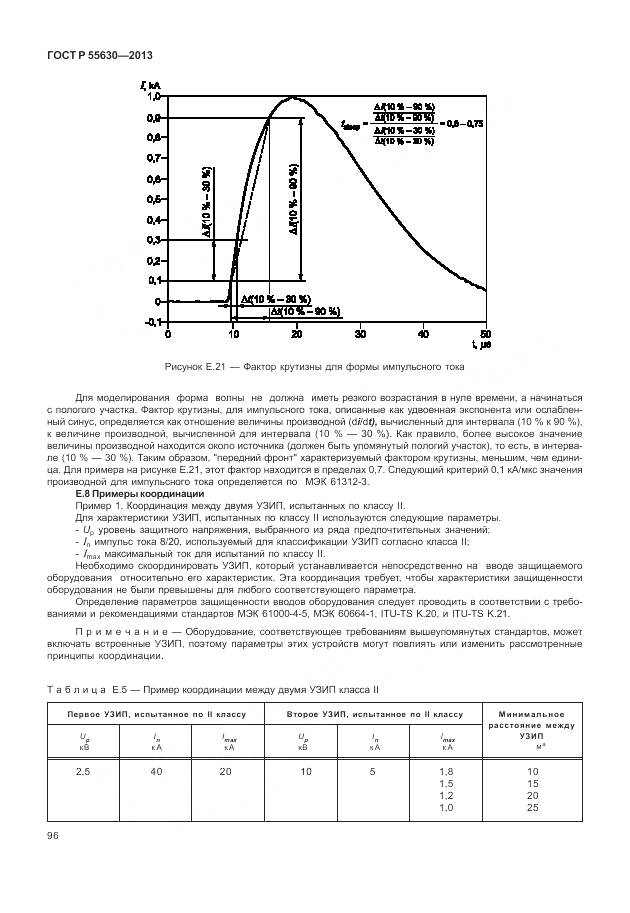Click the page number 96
coord(53,836)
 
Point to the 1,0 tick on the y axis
coord(153,97)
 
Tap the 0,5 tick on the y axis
coord(153,199)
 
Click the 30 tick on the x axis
coord(358,334)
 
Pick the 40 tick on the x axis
coord(422,334)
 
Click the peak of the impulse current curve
coord(293,98)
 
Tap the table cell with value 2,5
coord(83,772)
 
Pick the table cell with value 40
coord(157,772)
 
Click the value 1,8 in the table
coord(446,772)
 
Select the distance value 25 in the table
coord(532,808)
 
